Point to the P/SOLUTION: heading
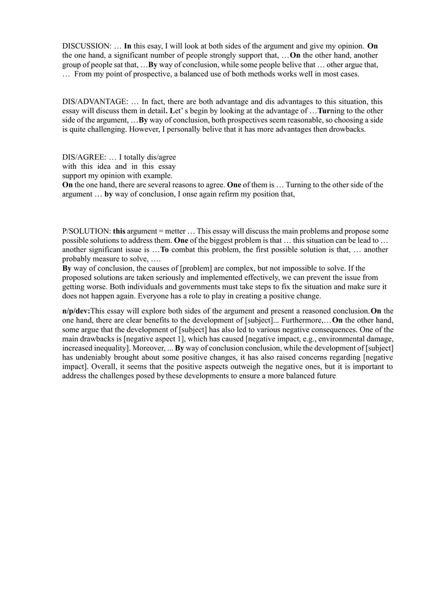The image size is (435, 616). point(86,231)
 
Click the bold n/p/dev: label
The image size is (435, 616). point(76,311)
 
